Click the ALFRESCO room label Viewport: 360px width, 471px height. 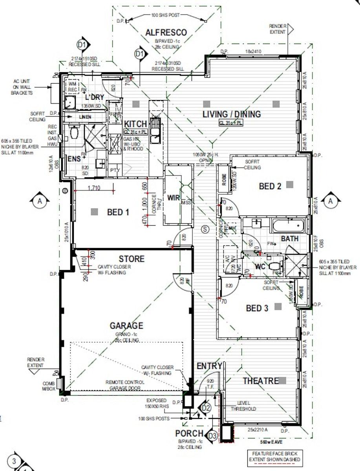[166, 33]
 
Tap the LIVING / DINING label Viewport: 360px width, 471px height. [231, 114]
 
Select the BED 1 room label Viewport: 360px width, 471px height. [118, 212]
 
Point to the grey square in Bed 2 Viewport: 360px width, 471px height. [290, 184]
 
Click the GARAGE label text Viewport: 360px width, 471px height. [126, 326]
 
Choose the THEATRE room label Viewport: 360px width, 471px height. [260, 381]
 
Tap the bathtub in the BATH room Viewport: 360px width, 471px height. [289, 226]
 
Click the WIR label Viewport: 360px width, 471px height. [173, 197]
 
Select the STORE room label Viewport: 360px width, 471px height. [132, 259]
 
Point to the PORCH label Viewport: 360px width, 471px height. [189, 434]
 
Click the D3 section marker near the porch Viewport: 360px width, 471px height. [212, 436]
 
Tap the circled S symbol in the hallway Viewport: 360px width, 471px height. [204, 230]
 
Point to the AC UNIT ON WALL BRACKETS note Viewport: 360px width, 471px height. [22, 87]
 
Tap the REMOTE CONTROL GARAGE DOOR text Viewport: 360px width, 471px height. [125, 385]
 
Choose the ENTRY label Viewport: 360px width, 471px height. [209, 366]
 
